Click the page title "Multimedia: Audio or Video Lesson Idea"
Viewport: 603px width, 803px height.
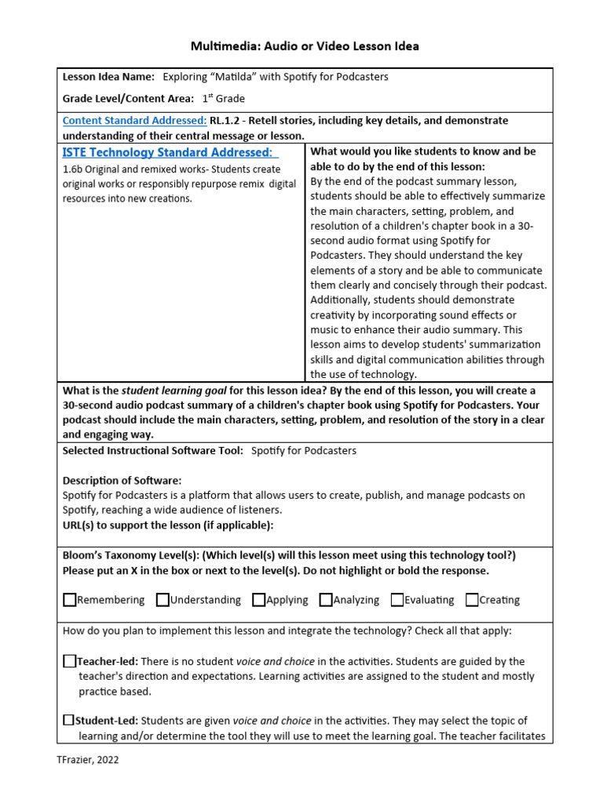pyautogui.click(x=305, y=46)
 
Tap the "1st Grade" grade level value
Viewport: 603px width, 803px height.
pyautogui.click(x=224, y=98)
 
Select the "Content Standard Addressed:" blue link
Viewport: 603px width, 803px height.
pyautogui.click(x=134, y=121)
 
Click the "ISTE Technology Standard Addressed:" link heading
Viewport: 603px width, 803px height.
pyautogui.click(x=170, y=152)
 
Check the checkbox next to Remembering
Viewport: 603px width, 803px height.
pyautogui.click(x=70, y=600)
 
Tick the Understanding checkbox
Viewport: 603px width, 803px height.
pyautogui.click(x=163, y=600)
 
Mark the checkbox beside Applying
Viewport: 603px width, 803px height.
pyautogui.click(x=258, y=600)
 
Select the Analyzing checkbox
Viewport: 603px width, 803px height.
pyautogui.click(x=326, y=600)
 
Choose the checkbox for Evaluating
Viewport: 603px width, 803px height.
pyautogui.click(x=397, y=600)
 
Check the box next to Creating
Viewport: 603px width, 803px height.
pyautogui.click(x=472, y=600)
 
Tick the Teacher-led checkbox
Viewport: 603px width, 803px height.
pyautogui.click(x=69, y=661)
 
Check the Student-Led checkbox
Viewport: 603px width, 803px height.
pyautogui.click(x=69, y=720)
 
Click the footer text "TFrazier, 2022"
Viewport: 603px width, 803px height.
pyautogui.click(x=88, y=759)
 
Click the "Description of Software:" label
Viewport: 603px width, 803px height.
pyautogui.click(x=122, y=480)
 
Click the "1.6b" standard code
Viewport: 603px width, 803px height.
pyautogui.click(x=73, y=169)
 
